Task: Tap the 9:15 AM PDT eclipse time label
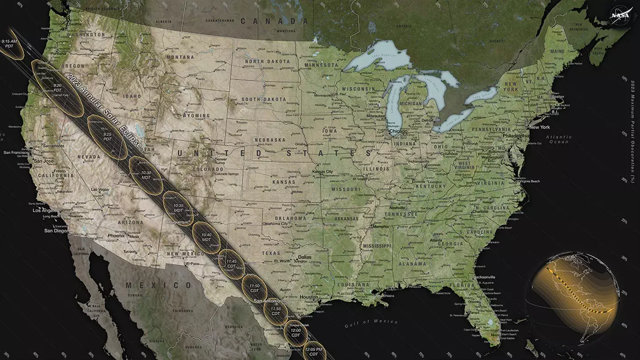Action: [x=9, y=44]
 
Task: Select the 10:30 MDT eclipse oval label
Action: [x=146, y=175]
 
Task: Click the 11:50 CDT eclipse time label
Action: [x=254, y=288]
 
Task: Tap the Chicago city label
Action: [x=398, y=132]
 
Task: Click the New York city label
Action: [x=539, y=127]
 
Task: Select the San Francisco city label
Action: [x=16, y=152]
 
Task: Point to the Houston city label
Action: [x=309, y=297]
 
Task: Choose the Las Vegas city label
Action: [x=100, y=189]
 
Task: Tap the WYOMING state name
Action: [x=196, y=116]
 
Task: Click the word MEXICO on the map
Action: [x=158, y=285]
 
